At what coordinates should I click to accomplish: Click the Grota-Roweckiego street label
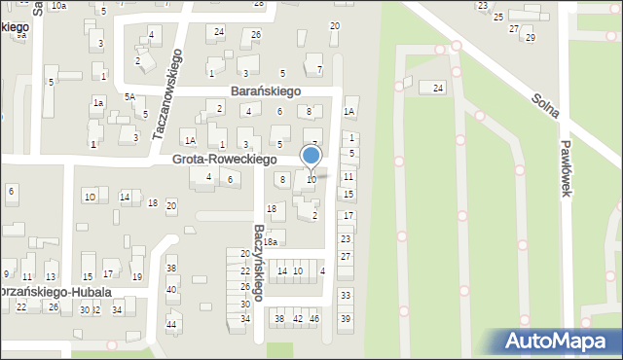pos(224,159)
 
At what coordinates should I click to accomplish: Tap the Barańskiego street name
pos(266,90)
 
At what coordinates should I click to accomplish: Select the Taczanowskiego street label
pos(167,95)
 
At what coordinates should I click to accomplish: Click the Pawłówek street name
pos(565,165)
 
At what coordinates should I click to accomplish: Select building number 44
pos(171,324)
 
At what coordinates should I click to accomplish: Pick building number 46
pos(313,318)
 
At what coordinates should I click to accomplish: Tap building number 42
pos(297,318)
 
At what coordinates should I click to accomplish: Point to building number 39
pos(345,319)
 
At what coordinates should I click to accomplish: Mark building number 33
pos(345,295)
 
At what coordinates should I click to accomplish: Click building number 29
pos(530,38)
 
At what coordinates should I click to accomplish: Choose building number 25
pos(498,18)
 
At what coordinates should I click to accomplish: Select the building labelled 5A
pos(128,96)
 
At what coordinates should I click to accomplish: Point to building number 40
pos(171,289)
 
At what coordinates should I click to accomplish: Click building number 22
pos(21,306)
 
